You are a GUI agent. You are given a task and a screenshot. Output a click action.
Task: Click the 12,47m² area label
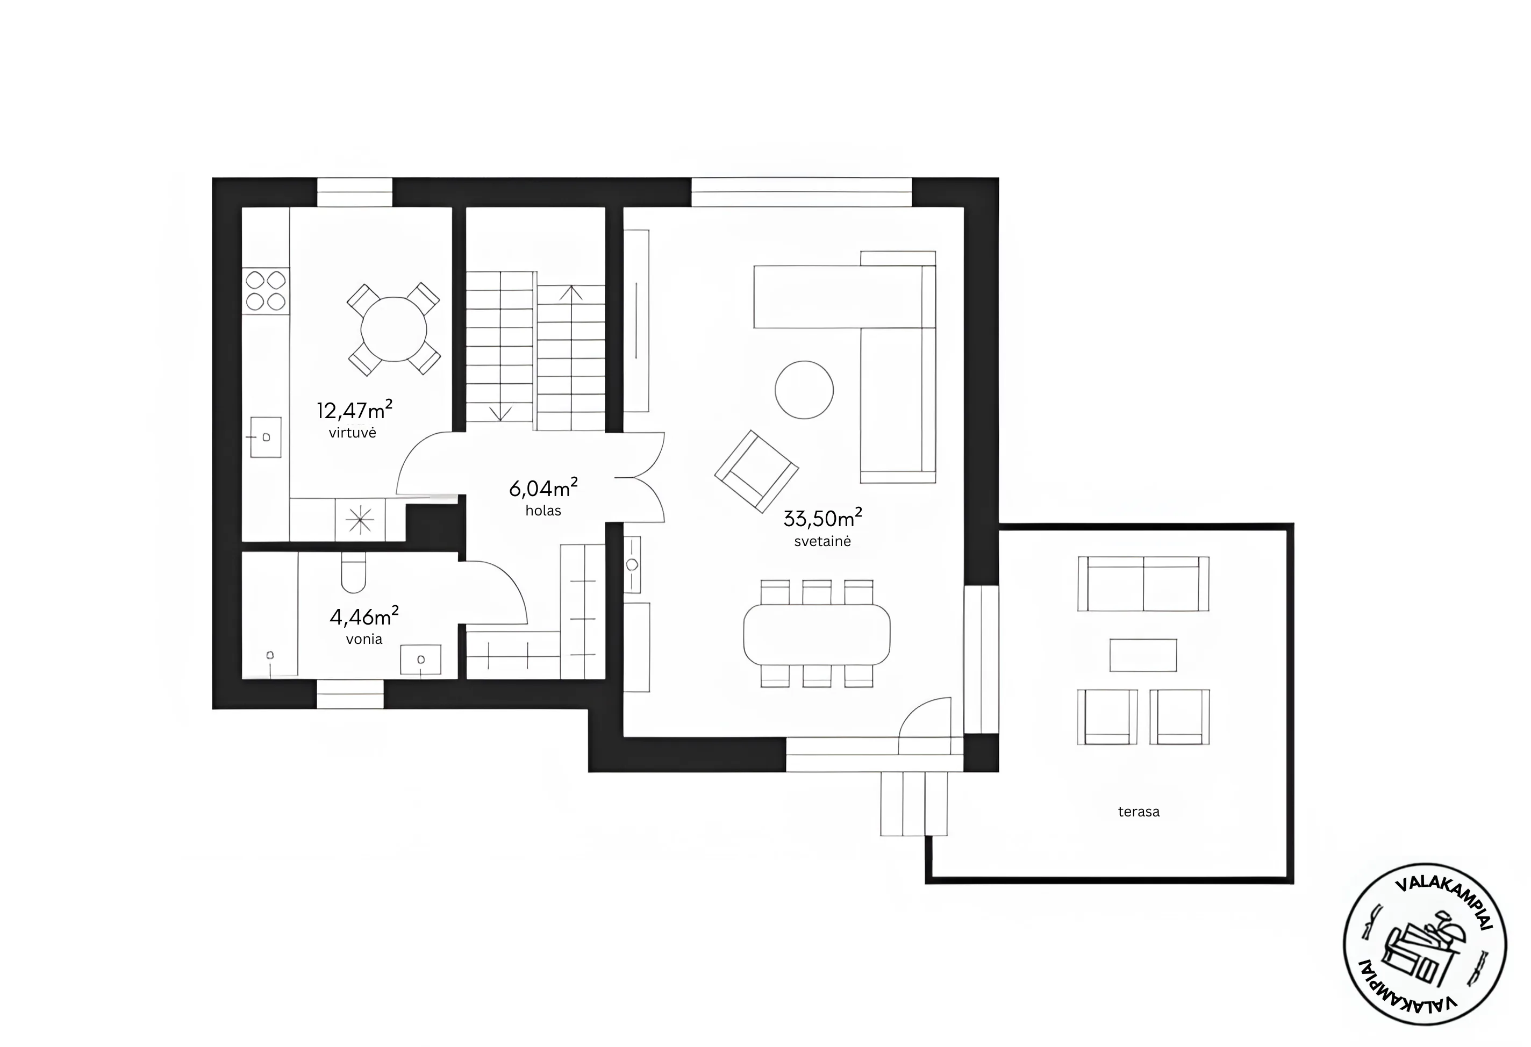[354, 410]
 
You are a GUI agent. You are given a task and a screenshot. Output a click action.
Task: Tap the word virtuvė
[353, 433]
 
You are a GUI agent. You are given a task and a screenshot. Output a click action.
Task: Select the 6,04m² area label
[543, 487]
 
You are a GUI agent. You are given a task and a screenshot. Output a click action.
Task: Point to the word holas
[543, 510]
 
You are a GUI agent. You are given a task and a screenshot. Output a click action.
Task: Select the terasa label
[1139, 812]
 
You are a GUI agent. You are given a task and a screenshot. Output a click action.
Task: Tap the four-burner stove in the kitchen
[266, 291]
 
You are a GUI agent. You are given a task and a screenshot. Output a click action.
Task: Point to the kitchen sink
[266, 436]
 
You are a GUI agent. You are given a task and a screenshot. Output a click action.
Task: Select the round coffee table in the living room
[804, 390]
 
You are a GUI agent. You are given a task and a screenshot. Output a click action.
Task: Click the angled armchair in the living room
[757, 471]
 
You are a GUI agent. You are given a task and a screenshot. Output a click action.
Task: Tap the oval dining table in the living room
[817, 634]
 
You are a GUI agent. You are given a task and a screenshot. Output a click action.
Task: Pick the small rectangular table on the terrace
[1143, 655]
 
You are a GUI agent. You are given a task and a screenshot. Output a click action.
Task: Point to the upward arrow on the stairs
[570, 293]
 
